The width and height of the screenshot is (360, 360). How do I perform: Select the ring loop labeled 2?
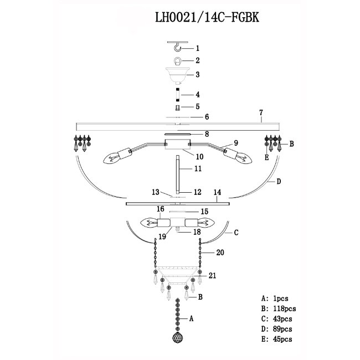[177, 61]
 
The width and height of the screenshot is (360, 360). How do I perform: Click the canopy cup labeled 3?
[177, 74]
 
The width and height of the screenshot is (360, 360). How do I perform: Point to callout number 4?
[197, 95]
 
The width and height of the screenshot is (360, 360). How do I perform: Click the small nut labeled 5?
[177, 107]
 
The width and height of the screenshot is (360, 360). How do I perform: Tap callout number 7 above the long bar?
[260, 114]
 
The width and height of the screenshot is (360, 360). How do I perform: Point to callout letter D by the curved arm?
[280, 181]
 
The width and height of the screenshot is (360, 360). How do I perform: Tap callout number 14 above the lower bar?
[218, 193]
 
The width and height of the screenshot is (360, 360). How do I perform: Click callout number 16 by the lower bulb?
[161, 209]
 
